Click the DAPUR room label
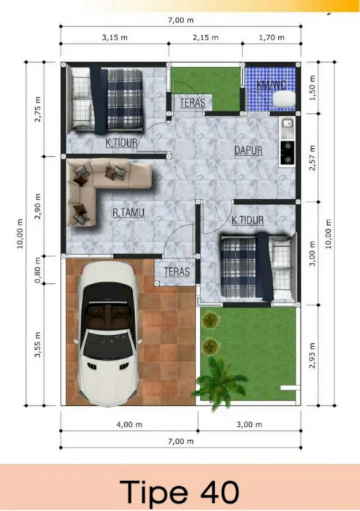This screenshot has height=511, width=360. coord(248,150)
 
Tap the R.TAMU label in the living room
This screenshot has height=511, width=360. coord(129,213)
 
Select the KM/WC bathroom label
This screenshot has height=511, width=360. coord(272,85)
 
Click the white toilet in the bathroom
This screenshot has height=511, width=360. coord(283,99)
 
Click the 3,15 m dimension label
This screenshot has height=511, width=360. coord(115,37)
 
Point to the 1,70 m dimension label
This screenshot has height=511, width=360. coord(272,37)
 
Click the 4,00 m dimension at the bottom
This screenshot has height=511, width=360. coord(129,425)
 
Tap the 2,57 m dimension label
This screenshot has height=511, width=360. coord(313,158)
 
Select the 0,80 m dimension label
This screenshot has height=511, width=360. coord(38,270)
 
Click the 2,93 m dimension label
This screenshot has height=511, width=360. coord(313,356)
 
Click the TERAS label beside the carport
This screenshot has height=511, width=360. coord(177,272)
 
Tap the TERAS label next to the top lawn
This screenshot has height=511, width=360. coord(193,103)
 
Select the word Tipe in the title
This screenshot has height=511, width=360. coord(154,492)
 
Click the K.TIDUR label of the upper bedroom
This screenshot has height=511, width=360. coord(121,143)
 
